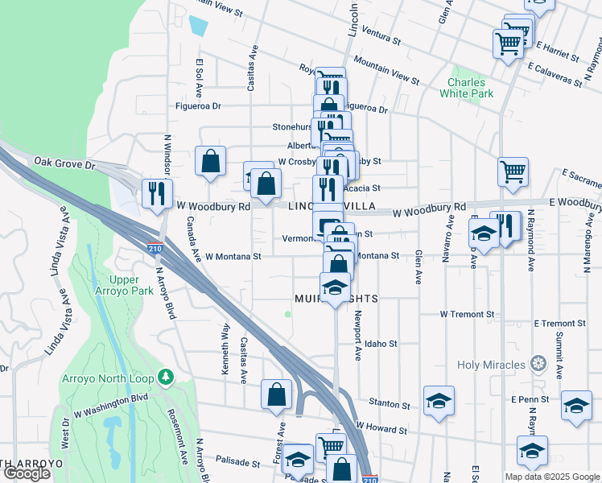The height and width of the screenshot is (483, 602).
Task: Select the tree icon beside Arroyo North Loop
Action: pyautogui.click(x=166, y=377)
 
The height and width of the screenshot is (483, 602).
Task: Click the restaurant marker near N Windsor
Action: pyautogui.click(x=156, y=193)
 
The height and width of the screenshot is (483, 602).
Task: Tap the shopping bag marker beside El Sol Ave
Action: pyautogui.click(x=210, y=160)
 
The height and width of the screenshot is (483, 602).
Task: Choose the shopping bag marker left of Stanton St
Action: pyautogui.click(x=276, y=394)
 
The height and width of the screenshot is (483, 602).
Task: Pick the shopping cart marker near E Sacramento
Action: pyautogui.click(x=513, y=171)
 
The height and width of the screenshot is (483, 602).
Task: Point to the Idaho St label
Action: pyautogui.click(x=381, y=344)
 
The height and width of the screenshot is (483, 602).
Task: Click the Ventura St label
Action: pyautogui.click(x=381, y=37)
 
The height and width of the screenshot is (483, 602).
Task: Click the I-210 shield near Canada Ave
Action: pyautogui.click(x=155, y=249)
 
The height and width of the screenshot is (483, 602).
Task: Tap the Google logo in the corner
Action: pyautogui.click(x=26, y=474)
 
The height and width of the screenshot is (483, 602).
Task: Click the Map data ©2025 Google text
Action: pyautogui.click(x=551, y=477)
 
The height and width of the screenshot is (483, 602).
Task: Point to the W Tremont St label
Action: pyautogui.click(x=467, y=314)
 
